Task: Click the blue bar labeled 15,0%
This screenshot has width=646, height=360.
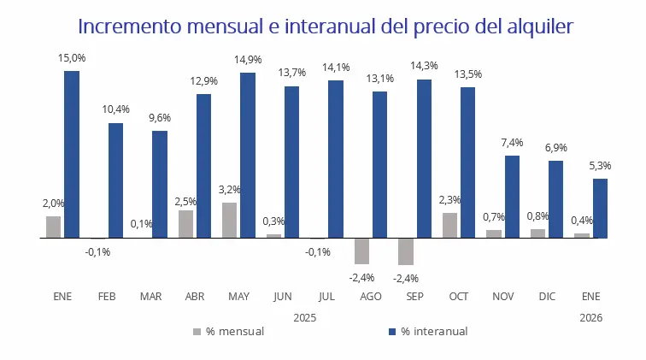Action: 72,154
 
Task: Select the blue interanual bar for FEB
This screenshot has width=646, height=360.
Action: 115,180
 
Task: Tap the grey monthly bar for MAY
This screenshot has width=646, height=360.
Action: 230,220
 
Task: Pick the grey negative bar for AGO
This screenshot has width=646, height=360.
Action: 361,251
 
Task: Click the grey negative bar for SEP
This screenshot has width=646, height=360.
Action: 406,251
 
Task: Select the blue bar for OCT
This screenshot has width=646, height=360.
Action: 467,162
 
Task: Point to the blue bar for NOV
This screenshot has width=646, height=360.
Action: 512,197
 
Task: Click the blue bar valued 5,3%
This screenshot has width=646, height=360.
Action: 600,208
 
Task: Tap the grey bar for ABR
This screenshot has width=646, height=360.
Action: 185,224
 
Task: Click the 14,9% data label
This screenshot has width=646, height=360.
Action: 247,60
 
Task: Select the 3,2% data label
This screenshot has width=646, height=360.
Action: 230,190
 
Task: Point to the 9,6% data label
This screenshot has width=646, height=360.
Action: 159,118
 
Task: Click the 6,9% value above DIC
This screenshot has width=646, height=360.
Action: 555,148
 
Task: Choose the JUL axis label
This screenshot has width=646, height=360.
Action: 326,297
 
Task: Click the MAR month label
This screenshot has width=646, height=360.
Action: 150,297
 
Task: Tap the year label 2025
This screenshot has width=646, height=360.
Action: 305,316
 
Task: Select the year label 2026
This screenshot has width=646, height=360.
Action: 590,316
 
